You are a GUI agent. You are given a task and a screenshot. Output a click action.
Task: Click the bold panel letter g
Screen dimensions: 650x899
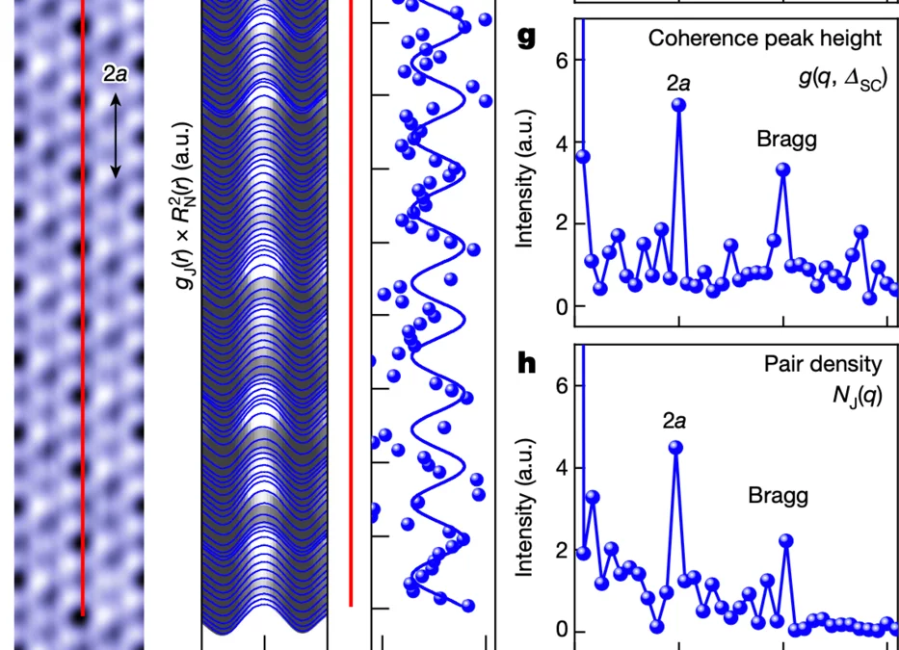(526, 38)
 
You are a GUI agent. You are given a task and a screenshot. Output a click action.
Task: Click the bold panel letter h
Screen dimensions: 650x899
(526, 363)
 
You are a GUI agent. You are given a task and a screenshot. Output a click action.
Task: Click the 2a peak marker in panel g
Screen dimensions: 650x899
(679, 105)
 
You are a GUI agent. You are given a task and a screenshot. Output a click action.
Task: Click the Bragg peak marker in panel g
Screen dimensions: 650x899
(783, 169)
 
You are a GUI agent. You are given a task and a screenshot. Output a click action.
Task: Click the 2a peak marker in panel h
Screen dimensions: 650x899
(675, 447)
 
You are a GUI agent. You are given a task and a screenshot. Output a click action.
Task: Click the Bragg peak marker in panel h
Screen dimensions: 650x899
(786, 541)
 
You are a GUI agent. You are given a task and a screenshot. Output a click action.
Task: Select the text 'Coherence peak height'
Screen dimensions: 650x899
(764, 39)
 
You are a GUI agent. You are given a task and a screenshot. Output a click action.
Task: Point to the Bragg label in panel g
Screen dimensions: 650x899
(786, 140)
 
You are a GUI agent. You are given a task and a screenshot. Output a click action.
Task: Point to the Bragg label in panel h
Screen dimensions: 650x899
(778, 497)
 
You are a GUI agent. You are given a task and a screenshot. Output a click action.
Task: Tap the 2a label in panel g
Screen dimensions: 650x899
(678, 82)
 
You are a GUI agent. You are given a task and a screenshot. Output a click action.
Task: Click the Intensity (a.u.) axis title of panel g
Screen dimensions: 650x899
(526, 193)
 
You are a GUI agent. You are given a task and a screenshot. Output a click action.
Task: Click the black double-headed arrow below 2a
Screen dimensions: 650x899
(115, 135)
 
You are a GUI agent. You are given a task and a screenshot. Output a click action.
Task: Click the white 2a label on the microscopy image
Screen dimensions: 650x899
(115, 74)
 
